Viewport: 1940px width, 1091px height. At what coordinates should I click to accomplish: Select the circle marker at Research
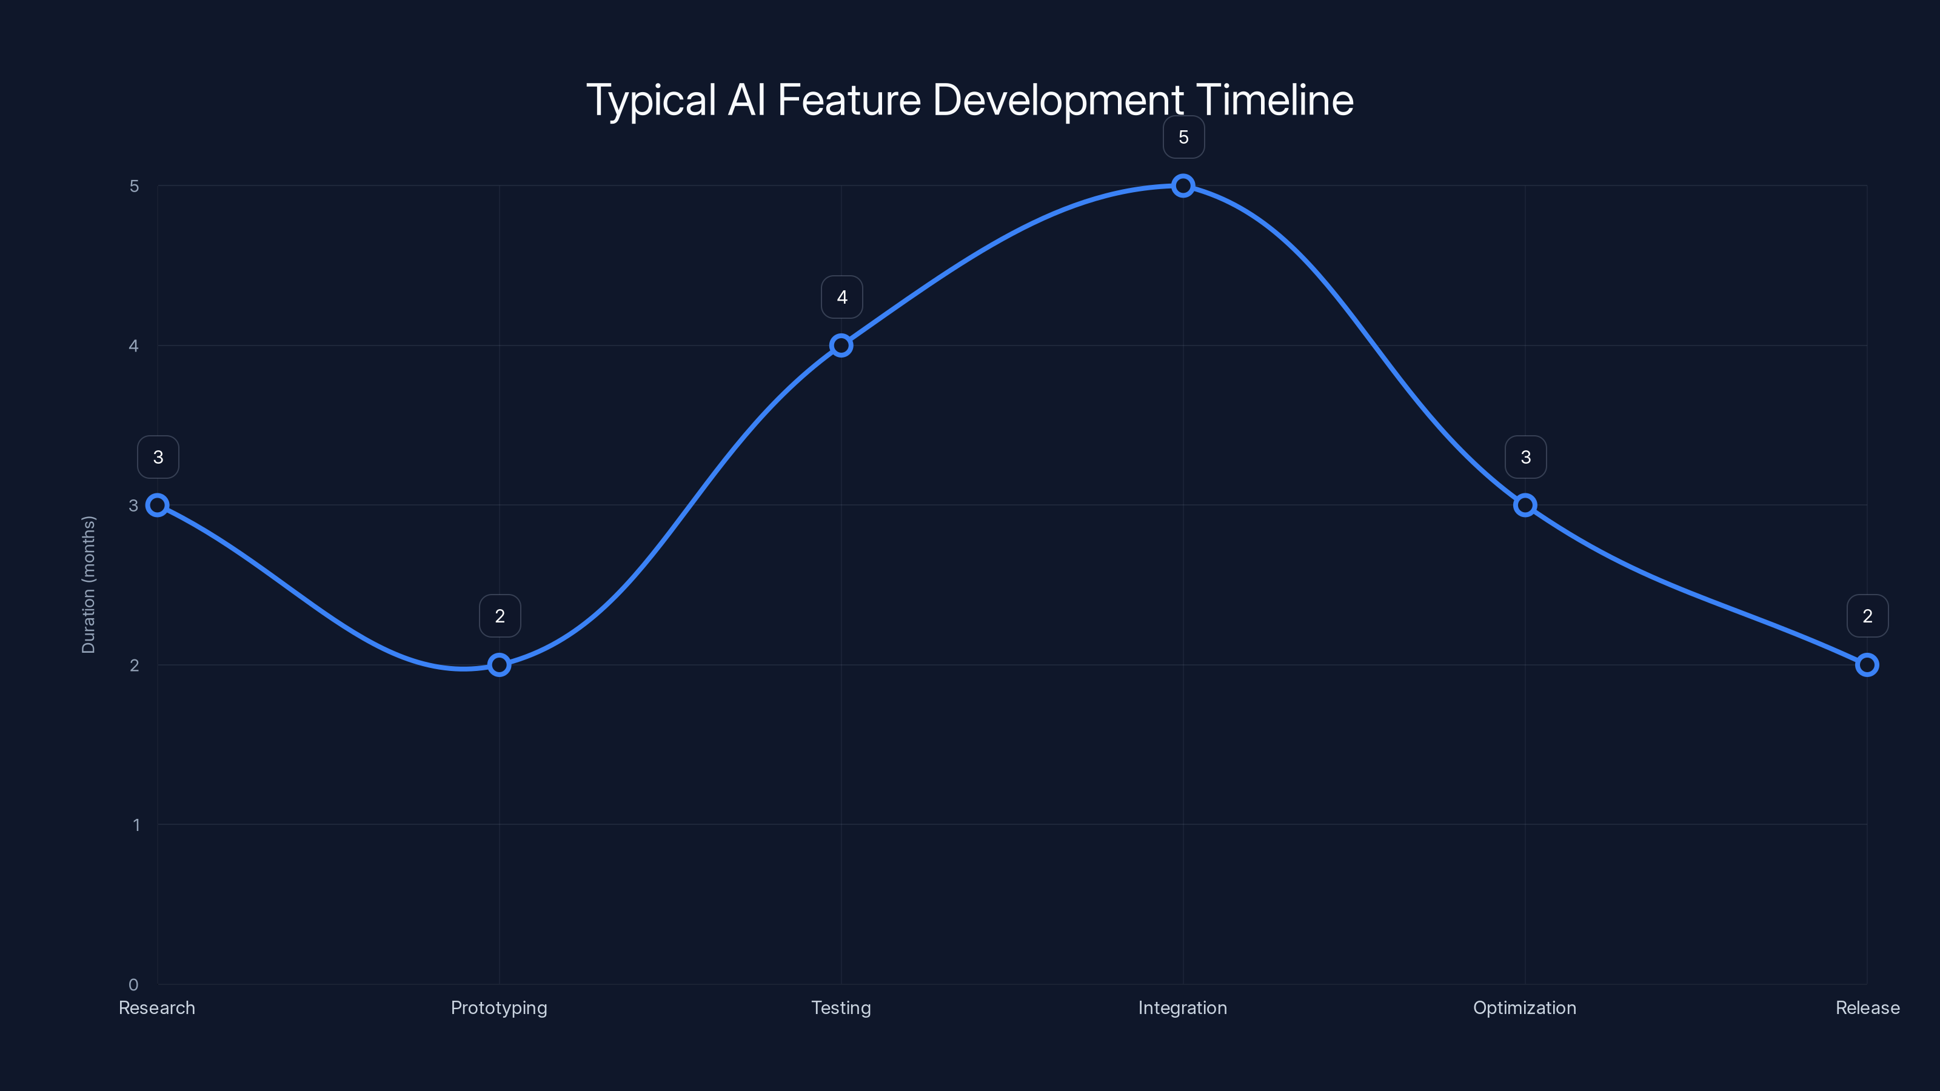pos(158,505)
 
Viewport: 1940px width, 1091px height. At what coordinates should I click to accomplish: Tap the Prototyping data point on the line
pos(500,665)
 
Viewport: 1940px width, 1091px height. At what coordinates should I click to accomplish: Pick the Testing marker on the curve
pos(841,345)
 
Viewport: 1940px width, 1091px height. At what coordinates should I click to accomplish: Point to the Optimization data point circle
pos(1525,505)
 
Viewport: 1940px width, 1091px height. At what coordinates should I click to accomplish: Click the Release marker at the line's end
pos(1867,665)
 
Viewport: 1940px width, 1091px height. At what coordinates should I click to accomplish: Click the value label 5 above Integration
pos(1183,138)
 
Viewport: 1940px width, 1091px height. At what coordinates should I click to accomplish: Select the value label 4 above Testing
pos(842,298)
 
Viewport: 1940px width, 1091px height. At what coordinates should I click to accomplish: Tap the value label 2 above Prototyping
pos(500,616)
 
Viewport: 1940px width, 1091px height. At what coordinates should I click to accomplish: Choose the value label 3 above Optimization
pos(1526,457)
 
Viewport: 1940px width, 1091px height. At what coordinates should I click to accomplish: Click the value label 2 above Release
pos(1868,616)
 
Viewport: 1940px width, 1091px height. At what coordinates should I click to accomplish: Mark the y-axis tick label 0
pos(134,985)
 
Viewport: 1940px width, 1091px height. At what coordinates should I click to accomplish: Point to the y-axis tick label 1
pos(136,825)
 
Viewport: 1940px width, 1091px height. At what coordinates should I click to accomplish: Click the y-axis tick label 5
pos(134,186)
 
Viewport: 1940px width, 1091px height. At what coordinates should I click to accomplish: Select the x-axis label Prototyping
pos(500,1008)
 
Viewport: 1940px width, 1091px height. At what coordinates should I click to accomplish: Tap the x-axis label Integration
pos(1182,1008)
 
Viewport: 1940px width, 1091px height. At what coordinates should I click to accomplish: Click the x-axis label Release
pos(1867,1008)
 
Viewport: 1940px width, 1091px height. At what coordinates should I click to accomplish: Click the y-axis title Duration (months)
pos(89,585)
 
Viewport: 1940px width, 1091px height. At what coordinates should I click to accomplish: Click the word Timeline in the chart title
pos(1274,100)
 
